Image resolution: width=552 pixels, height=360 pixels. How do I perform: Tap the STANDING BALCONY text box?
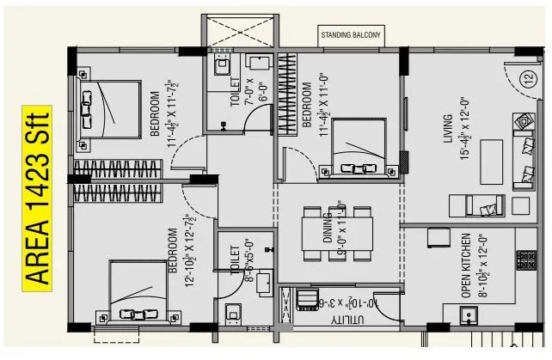point(351,35)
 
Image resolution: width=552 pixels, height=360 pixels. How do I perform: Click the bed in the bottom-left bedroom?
point(138,293)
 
